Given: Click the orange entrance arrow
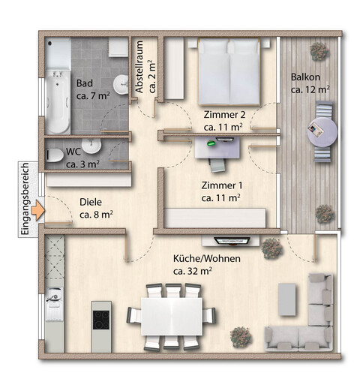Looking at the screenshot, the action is coord(38,210).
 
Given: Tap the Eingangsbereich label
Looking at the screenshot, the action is coord(25,199).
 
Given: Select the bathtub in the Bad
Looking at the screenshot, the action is coord(58,102).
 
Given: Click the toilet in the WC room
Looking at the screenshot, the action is coord(55,155).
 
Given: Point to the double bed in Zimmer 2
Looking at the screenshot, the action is coord(229,71).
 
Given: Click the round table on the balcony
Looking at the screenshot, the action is coord(322,131).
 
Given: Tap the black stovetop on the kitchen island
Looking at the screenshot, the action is coord(101,320).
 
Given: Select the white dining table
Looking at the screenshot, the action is coord(172,316).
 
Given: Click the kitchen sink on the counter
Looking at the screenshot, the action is coord(53,295).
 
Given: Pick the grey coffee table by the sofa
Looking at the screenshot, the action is coord(287,299).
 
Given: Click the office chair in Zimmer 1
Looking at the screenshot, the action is coord(217,165).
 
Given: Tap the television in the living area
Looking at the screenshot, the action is coord(232,241).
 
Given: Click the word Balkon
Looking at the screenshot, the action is coord(305,77).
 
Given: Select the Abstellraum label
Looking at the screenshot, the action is coord(139,67).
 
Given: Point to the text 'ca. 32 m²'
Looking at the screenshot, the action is coord(193,271).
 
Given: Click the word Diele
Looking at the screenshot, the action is coord(91,202).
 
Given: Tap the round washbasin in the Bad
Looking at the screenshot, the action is coord(121,84).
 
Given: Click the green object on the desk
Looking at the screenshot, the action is coord(211,143).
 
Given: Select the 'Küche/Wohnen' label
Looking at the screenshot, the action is coord(207,259).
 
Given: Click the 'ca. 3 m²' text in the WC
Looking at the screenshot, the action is coord(82,164).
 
